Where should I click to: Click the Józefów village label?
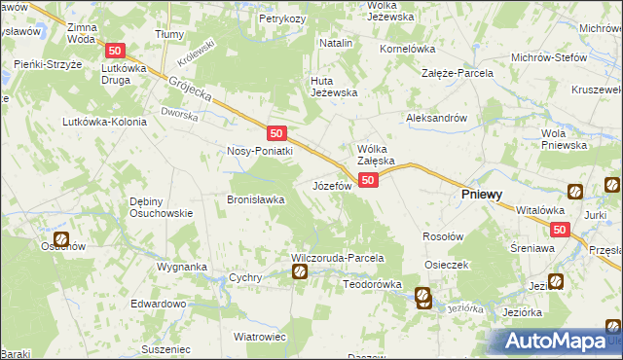pos(330,185)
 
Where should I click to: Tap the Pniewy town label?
pos(481,194)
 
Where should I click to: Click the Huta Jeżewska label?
pos(334,86)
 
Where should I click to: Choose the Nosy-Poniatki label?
pos(260,151)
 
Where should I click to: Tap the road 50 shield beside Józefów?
pos(368,180)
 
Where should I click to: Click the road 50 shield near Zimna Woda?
pos(116,52)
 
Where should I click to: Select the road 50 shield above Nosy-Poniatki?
pos(276,132)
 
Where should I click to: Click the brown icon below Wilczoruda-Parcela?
pos(301,272)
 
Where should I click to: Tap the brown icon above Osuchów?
pos(61,237)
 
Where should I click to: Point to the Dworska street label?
pos(180,115)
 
